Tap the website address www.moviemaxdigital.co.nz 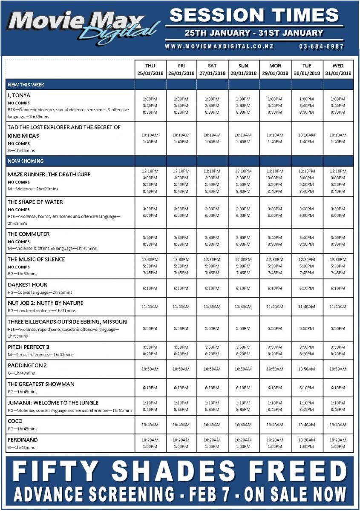219,46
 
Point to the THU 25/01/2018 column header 150,69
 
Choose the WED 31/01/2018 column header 338,69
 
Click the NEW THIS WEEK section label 26,85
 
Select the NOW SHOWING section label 26,161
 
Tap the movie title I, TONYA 19,95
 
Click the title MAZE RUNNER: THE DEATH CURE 49,174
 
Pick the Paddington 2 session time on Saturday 212,369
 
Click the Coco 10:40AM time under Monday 275,425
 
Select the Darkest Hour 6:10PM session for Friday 181,288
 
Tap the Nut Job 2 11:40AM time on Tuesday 307,307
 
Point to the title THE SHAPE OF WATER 35,202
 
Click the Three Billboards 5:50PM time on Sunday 243,329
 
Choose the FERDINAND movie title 23,439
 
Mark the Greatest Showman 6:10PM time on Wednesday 338,388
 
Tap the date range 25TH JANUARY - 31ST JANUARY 254,33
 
